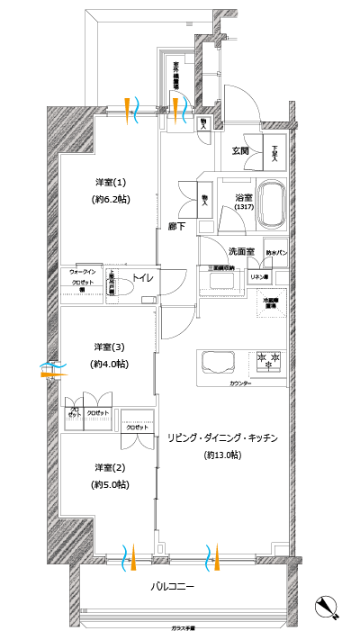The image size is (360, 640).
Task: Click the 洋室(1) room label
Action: (112, 179)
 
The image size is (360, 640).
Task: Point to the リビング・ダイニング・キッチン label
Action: (222, 437)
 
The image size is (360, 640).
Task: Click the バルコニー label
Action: (172, 588)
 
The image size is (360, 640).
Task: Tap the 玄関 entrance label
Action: (240, 150)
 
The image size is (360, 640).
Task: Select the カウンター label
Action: (240, 384)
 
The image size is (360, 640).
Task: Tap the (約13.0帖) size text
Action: (222, 455)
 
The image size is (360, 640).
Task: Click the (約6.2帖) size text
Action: (112, 198)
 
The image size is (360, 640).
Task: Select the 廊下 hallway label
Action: (176, 226)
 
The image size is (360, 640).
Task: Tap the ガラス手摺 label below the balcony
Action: (184, 627)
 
